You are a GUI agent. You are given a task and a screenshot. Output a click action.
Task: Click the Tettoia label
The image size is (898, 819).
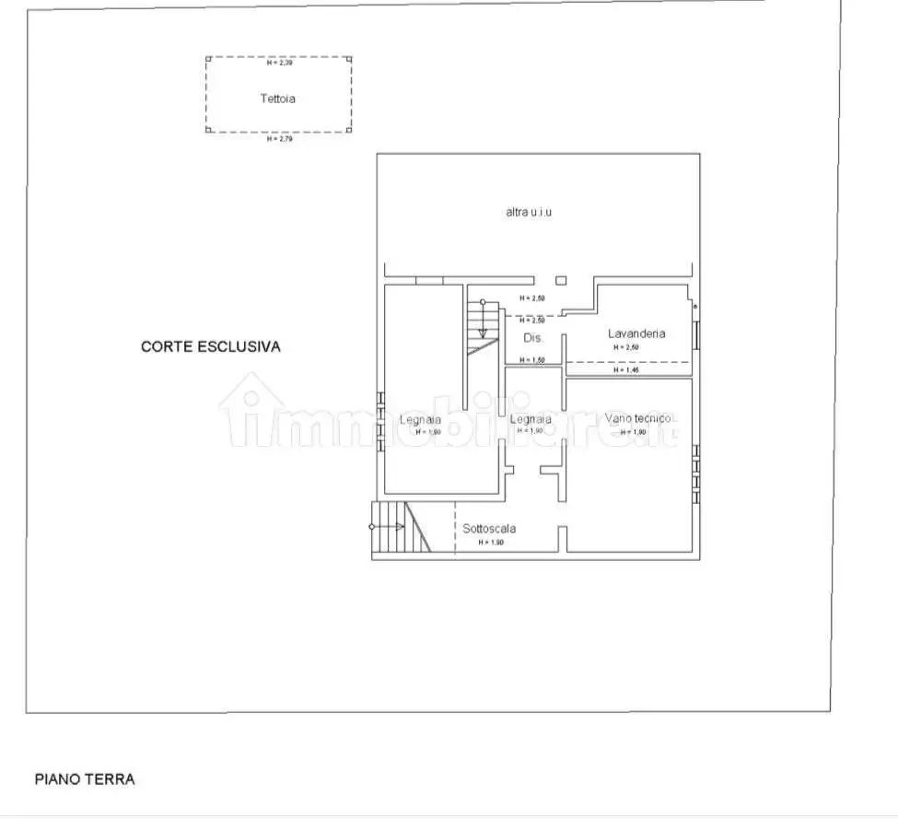(x=277, y=99)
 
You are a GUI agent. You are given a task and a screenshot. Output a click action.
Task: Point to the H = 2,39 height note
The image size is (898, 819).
(x=278, y=64)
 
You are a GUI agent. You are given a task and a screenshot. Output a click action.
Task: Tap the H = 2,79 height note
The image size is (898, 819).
(x=278, y=139)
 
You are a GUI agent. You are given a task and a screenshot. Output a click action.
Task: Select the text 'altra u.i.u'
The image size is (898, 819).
(x=529, y=212)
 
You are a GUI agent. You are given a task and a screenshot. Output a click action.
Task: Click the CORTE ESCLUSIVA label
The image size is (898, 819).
(x=210, y=347)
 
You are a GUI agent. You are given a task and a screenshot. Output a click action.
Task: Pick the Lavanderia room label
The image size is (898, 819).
(x=636, y=333)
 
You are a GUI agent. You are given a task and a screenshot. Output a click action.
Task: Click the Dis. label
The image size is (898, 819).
(x=533, y=338)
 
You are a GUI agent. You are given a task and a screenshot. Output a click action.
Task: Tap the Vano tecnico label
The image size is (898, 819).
(x=641, y=419)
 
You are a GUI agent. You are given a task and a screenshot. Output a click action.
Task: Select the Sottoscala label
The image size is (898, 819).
(x=489, y=529)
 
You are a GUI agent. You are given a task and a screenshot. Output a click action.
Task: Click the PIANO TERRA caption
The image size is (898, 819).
(x=85, y=779)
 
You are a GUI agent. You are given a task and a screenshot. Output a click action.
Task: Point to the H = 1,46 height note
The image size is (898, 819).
(x=625, y=370)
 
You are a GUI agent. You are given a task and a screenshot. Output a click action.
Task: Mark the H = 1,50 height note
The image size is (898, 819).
(x=532, y=359)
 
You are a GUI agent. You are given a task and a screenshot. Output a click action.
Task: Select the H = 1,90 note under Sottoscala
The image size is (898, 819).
(x=491, y=543)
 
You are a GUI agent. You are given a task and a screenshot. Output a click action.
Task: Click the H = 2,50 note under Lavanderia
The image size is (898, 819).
(x=626, y=347)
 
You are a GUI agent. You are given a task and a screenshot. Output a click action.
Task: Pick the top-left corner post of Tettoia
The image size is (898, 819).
(x=208, y=59)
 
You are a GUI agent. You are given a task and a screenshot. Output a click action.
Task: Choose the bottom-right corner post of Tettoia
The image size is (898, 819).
(x=350, y=130)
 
